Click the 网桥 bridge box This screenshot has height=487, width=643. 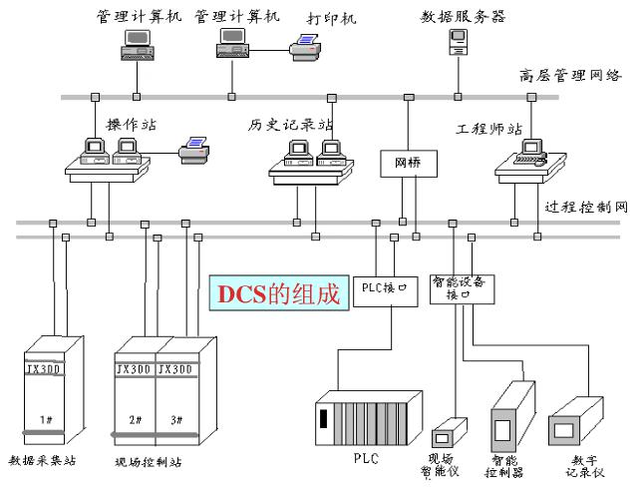coord(407,163)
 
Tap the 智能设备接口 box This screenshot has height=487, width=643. coord(463,288)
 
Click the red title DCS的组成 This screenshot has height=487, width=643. coord(280,293)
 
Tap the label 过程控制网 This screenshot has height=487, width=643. coord(587,208)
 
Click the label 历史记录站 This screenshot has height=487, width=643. coord(290,125)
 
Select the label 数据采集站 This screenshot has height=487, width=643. coord(42,461)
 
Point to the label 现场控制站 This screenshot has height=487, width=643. coord(149,462)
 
